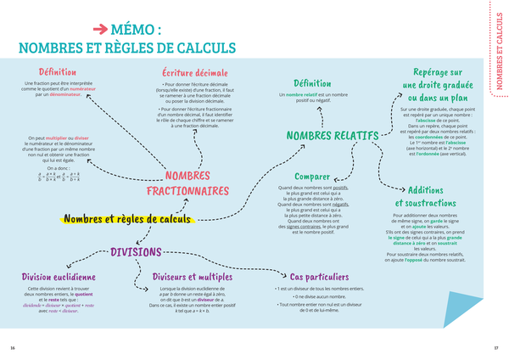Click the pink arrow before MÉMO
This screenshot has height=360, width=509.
click(x=98, y=29)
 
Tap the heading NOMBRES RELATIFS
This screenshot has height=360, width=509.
click(x=332, y=136)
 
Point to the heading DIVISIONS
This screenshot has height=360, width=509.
click(x=136, y=252)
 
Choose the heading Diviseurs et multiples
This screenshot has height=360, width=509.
click(x=192, y=277)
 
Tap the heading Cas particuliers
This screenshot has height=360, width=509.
click(x=319, y=277)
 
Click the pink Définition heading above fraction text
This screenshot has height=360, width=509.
click(x=58, y=72)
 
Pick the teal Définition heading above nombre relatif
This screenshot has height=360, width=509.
click(x=312, y=83)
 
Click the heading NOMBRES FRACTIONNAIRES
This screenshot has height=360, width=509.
click(x=187, y=183)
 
